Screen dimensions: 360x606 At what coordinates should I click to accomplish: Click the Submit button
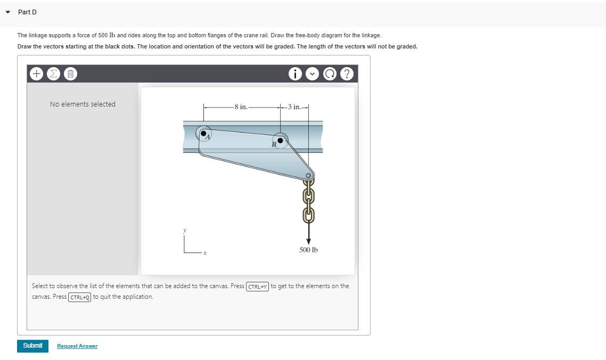click(x=32, y=346)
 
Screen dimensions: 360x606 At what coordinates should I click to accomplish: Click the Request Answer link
click(x=77, y=346)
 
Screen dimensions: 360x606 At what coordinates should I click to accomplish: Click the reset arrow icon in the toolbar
click(x=330, y=74)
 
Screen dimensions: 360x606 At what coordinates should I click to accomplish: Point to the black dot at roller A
click(x=203, y=134)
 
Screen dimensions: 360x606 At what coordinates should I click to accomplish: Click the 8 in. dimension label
click(x=241, y=107)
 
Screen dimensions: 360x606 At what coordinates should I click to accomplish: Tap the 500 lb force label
click(x=308, y=250)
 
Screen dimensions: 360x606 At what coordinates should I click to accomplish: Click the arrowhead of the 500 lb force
click(x=308, y=241)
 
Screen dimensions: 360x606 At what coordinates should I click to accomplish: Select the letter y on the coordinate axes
click(x=185, y=231)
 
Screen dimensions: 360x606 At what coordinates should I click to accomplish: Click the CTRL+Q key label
click(x=80, y=297)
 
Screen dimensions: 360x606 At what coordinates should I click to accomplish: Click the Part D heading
click(x=27, y=12)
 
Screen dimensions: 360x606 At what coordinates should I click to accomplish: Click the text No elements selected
click(x=83, y=104)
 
